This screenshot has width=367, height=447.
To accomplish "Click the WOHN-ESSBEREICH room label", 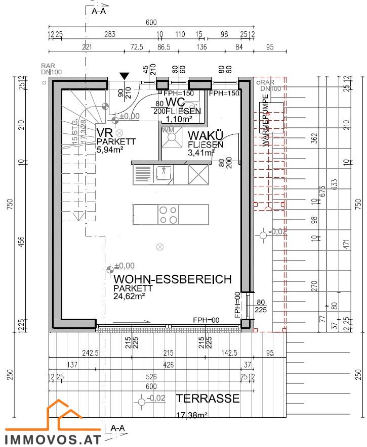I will tap(173, 279).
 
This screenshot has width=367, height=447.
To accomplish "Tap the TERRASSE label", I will tap(208, 399).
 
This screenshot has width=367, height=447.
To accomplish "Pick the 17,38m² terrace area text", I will tap(192, 416).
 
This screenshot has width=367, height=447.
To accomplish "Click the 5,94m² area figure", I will tap(110, 150).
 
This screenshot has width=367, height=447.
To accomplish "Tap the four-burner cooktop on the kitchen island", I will tap(169, 215).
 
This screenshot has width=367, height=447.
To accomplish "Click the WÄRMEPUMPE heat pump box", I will tap(271, 118).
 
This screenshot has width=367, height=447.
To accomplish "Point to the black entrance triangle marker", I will tap(124, 76).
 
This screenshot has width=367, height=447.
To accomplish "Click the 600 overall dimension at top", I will tap(151, 22).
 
